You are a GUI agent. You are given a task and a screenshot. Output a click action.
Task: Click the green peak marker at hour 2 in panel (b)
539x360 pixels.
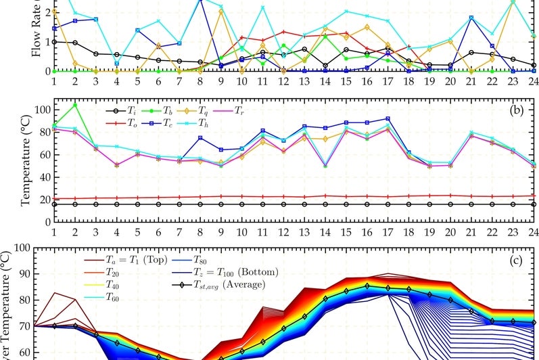pos(75,105)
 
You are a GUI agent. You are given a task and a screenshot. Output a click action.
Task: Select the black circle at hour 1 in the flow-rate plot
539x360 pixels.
pos(54,41)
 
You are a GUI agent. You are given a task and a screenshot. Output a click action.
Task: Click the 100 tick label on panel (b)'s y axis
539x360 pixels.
pos(41,109)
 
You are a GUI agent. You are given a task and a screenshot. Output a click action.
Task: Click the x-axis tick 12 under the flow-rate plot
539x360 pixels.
pos(283,80)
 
